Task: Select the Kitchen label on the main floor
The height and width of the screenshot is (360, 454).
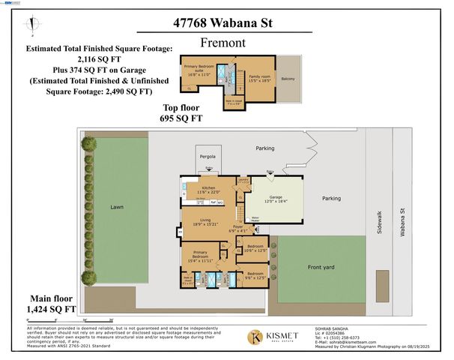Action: (x=208, y=187)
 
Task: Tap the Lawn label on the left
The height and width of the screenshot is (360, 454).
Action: (x=115, y=206)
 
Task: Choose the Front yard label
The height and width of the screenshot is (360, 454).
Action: (x=321, y=266)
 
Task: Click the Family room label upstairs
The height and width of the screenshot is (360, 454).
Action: (x=260, y=76)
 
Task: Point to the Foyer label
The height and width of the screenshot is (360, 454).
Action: (x=238, y=226)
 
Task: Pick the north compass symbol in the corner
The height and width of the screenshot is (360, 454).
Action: (x=30, y=28)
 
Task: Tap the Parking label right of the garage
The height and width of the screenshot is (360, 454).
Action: (x=331, y=198)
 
